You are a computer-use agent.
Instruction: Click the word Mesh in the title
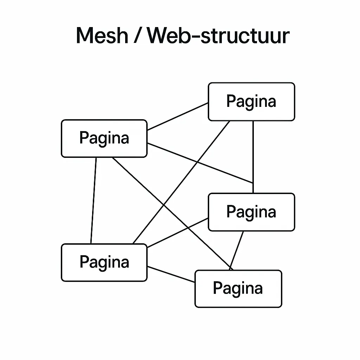tap(102, 36)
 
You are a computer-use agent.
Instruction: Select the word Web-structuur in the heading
tap(218, 36)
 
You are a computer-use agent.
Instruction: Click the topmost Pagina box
tap(251, 102)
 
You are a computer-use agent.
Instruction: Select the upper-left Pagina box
tap(104, 138)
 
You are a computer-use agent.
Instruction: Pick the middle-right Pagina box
tap(251, 212)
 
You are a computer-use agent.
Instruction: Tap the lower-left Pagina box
tap(104, 262)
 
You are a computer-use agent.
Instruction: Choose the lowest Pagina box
tap(238, 289)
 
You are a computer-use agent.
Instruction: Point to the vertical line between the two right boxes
tap(253, 155)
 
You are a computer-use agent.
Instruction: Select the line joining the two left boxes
tap(94, 200)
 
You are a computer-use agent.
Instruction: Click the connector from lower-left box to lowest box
tap(171, 274)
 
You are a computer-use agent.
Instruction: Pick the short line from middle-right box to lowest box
tap(237, 250)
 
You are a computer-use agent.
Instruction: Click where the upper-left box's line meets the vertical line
tap(253, 183)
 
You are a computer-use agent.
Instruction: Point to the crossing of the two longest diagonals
tap(164, 205)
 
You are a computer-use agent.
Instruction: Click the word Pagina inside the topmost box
tap(251, 102)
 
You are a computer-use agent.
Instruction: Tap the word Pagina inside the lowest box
tap(238, 289)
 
